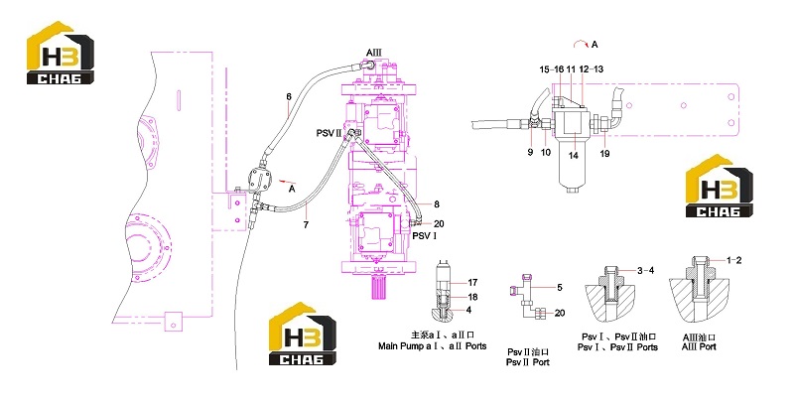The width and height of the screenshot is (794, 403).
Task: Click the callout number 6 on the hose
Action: [x=289, y=97]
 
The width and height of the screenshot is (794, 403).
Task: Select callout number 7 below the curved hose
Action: [x=306, y=224]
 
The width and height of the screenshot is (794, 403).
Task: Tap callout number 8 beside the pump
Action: [x=437, y=204]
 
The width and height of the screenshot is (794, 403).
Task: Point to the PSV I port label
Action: [x=425, y=236]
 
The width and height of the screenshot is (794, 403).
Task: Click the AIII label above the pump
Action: [x=374, y=53]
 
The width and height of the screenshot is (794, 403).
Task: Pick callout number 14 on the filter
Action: [x=574, y=156]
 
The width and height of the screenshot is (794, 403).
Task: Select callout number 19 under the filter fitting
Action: [x=604, y=154]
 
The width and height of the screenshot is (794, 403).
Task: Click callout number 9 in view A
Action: [x=530, y=152]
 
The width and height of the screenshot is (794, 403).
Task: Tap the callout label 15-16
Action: [x=552, y=69]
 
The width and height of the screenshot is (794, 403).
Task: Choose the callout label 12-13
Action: [x=591, y=69]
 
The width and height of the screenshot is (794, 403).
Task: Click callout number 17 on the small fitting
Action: [x=472, y=283]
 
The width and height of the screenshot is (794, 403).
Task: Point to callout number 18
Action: [x=472, y=297]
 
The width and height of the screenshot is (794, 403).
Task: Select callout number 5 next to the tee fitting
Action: [x=560, y=288]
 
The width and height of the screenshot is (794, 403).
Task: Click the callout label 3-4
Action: [x=645, y=271]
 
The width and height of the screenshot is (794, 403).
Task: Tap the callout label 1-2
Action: [x=733, y=260]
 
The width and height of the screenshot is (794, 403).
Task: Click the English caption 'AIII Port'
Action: [x=699, y=347]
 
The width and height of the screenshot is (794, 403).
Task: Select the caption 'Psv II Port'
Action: [x=528, y=362]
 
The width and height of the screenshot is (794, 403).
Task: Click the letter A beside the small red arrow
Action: [x=292, y=189]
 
